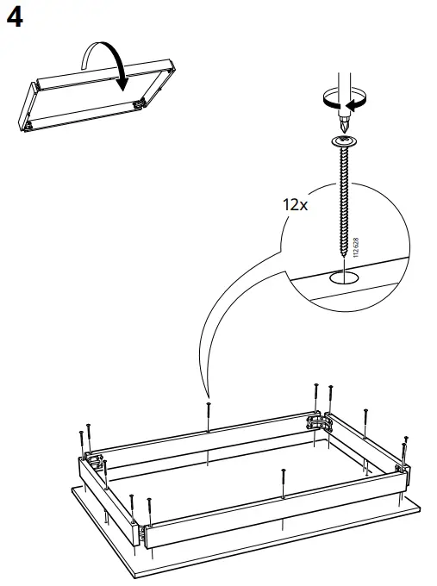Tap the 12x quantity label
(x=296, y=205)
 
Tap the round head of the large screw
(x=344, y=140)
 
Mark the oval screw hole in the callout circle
(x=344, y=278)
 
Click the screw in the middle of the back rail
(x=208, y=414)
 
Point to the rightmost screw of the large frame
(x=405, y=449)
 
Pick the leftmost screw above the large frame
(x=79, y=439)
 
